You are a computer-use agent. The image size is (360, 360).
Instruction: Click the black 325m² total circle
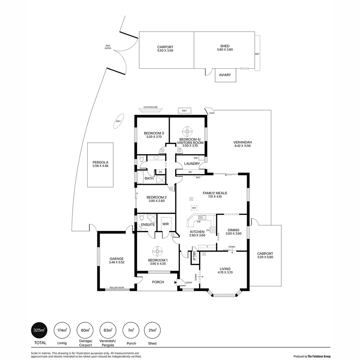[x=39, y=330]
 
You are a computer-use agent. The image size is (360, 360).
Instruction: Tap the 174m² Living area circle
[x=62, y=330]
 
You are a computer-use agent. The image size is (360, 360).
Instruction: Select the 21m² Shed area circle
[x=152, y=330]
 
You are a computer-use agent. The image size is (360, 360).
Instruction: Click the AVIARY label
[x=225, y=75]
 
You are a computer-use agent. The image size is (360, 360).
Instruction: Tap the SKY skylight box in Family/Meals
[x=194, y=208]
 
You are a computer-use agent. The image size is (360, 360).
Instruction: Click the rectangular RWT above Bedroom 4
[x=184, y=111]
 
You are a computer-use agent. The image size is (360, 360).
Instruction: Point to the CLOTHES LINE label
[x=150, y=107]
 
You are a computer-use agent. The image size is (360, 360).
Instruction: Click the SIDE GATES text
[x=108, y=47]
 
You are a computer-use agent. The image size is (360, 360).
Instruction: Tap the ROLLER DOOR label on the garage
[x=117, y=287]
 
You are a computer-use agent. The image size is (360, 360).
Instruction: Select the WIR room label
[x=166, y=224]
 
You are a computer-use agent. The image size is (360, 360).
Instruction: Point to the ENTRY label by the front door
[x=189, y=283]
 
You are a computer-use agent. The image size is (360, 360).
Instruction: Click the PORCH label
[x=158, y=282]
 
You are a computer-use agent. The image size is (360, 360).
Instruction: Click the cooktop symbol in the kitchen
[x=213, y=229]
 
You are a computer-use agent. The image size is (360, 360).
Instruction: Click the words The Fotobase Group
[x=319, y=356]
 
